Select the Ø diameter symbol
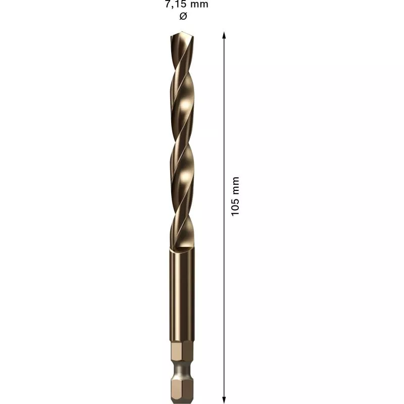click(183, 16)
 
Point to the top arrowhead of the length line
click(224, 35)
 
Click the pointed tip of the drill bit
click(182, 32)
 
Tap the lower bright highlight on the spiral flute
click(185, 177)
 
